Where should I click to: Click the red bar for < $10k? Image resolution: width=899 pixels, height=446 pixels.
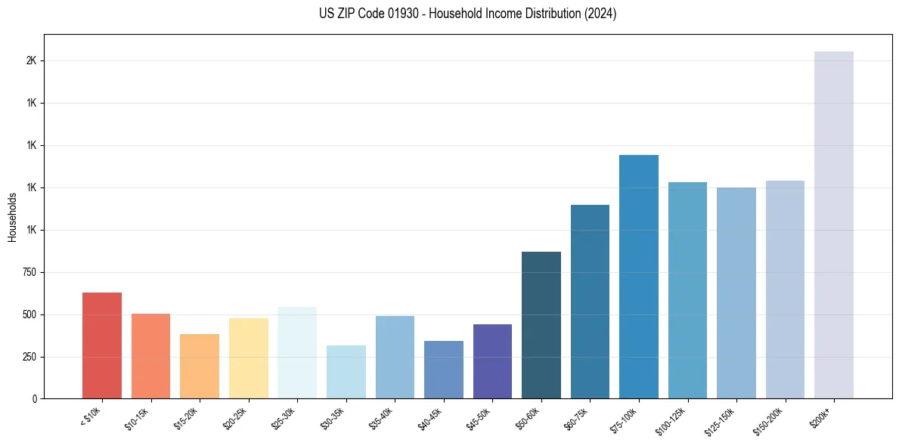pos(102,345)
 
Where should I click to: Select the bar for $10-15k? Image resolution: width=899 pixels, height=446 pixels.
pos(150,356)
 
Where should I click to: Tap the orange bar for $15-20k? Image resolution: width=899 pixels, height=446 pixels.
pos(200,367)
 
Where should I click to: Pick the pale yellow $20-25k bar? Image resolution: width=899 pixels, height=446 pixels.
pos(248,358)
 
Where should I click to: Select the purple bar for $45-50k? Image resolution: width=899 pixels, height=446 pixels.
pos(492,361)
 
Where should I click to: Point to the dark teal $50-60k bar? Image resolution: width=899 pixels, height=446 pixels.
pos(541,325)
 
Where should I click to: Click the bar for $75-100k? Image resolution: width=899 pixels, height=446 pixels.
pos(639,277)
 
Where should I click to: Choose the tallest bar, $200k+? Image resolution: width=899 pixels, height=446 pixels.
pos(834,225)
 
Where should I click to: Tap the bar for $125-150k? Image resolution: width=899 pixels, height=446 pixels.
pos(736,293)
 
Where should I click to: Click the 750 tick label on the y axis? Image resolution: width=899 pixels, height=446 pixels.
pos(29,272)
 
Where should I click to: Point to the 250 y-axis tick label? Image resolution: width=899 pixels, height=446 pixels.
pos(29,357)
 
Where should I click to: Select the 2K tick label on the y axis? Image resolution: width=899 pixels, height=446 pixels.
pos(32,60)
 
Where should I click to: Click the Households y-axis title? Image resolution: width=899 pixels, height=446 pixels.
pos(13,217)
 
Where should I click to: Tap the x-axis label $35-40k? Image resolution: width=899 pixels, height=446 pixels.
pos(382,417)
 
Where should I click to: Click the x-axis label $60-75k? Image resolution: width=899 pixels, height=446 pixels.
pos(577,417)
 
